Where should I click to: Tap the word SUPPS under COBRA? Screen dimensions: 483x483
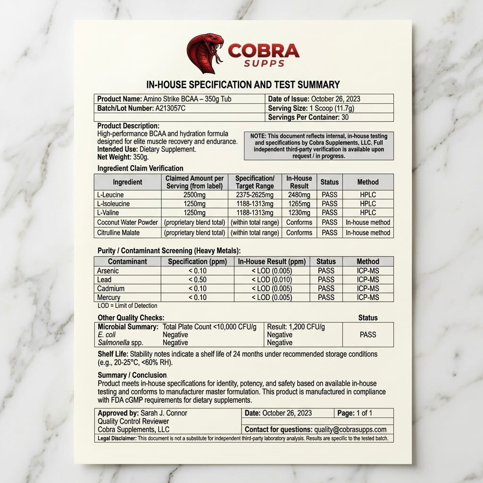(264, 63)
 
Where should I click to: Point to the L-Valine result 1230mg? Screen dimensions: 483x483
(299, 213)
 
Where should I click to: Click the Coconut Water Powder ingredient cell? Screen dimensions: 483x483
(127, 222)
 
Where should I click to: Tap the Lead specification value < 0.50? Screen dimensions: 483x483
(197, 280)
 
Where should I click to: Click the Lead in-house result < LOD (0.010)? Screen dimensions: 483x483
(272, 280)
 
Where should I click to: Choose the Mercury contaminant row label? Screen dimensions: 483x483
(108, 298)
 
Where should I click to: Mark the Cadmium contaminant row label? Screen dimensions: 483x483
(111, 289)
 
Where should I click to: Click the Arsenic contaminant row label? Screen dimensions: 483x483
(108, 271)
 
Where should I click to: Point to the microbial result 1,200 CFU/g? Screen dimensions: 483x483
(296, 327)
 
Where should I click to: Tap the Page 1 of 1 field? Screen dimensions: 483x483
(355, 413)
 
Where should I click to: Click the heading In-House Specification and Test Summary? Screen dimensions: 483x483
(243, 85)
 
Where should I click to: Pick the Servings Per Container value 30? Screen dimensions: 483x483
(345, 117)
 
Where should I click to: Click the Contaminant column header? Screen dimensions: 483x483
(127, 261)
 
